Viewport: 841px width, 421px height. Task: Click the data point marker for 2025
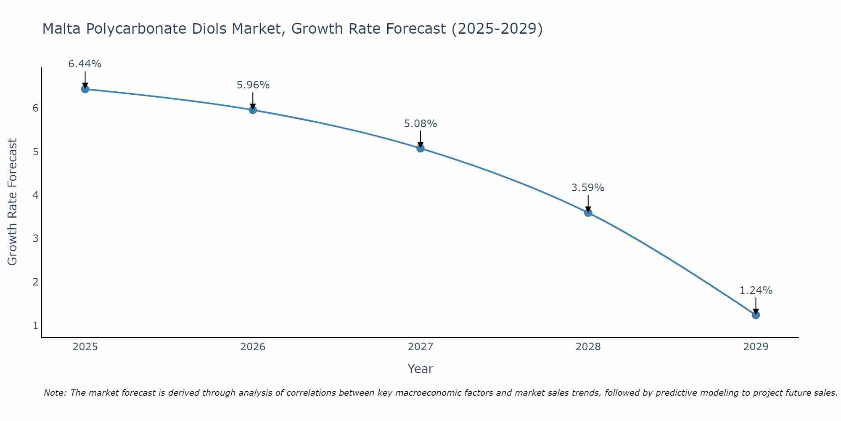[85, 89]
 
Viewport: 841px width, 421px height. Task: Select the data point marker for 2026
[253, 110]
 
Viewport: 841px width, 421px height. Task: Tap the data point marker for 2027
[420, 148]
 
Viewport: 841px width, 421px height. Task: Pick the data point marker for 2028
[588, 213]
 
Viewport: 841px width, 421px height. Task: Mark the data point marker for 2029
[756, 315]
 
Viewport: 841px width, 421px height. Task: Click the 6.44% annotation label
[85, 64]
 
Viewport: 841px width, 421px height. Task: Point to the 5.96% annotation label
[253, 85]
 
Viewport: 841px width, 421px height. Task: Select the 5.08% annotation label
[420, 124]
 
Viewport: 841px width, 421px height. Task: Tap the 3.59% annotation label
[588, 188]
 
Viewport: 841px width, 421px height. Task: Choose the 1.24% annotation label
[756, 290]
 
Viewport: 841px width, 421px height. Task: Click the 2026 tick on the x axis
[253, 347]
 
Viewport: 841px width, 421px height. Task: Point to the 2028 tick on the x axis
[588, 347]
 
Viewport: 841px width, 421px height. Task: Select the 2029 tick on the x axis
[756, 347]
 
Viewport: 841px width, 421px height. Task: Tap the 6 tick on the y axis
[35, 108]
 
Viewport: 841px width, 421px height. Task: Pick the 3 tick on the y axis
[35, 239]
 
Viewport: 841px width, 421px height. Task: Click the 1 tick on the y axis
[35, 326]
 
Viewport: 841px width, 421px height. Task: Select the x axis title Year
[420, 369]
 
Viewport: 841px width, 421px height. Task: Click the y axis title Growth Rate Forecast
[13, 202]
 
